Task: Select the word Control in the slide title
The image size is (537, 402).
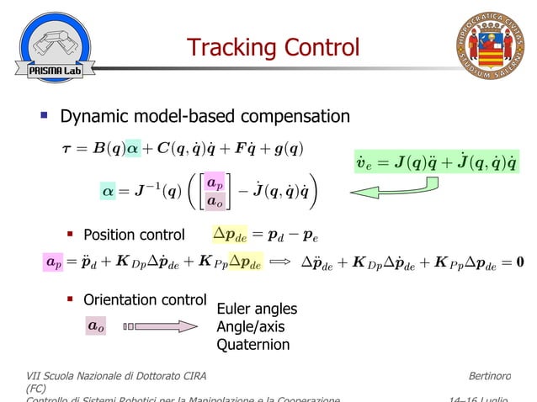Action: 320,47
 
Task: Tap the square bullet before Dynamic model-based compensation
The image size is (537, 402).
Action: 43,115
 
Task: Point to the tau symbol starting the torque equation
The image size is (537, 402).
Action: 67,149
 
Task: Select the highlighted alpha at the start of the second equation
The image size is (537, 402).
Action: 109,192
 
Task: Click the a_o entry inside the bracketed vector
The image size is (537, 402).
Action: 215,201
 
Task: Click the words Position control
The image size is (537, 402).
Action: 134,235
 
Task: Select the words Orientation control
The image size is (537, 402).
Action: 144,299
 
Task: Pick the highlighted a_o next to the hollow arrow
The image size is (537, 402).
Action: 96,325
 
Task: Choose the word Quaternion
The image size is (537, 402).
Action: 253,344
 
